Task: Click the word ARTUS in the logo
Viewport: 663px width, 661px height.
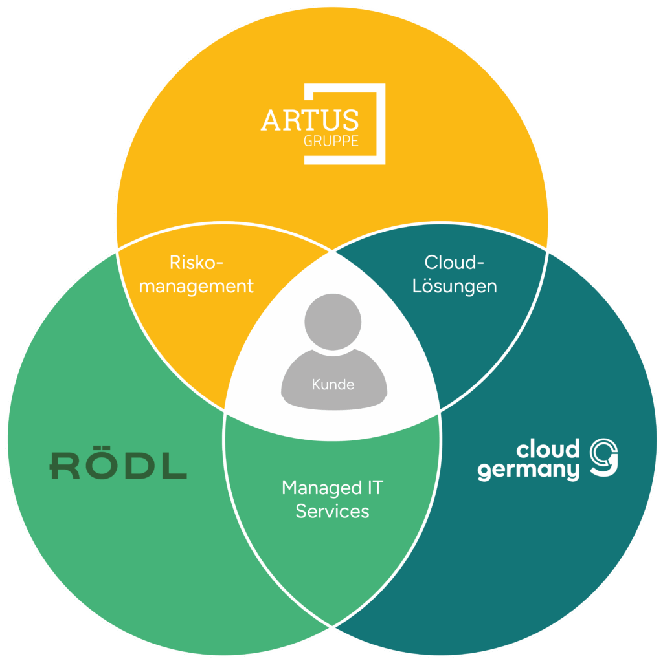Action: click(x=309, y=121)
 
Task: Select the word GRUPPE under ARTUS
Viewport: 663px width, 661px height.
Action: click(x=331, y=142)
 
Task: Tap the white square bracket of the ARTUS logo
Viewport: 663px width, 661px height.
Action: click(x=381, y=123)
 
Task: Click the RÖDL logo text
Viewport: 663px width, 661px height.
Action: click(x=118, y=466)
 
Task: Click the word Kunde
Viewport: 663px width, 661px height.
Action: click(x=333, y=384)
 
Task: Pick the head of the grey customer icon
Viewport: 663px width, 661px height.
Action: click(x=333, y=320)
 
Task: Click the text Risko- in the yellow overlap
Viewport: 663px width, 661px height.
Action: click(x=196, y=263)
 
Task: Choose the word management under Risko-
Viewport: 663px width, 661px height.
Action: click(x=196, y=286)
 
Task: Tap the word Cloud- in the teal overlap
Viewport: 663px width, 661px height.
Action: click(x=455, y=263)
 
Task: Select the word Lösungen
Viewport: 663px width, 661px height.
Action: click(x=455, y=286)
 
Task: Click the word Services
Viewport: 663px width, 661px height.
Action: click(x=332, y=511)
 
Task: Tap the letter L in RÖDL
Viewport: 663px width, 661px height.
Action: click(x=174, y=466)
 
